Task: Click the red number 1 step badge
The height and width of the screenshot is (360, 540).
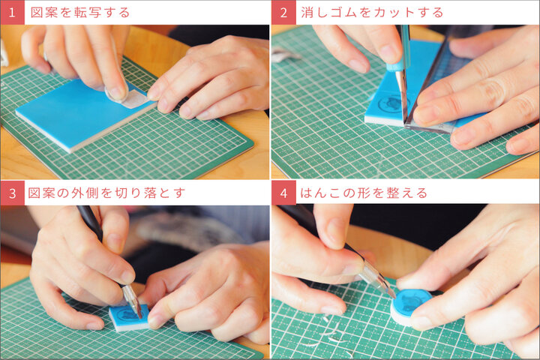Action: click(x=13, y=13)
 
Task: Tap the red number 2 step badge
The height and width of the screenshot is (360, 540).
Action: click(x=283, y=13)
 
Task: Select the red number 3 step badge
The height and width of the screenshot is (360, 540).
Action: click(x=13, y=193)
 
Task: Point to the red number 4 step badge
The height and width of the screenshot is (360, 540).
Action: click(x=283, y=193)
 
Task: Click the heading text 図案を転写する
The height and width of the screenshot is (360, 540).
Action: click(x=80, y=13)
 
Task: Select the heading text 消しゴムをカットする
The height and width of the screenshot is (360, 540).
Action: click(x=372, y=13)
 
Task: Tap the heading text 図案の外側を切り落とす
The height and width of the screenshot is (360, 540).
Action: click(x=106, y=193)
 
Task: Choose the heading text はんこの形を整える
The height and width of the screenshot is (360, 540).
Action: click(x=364, y=193)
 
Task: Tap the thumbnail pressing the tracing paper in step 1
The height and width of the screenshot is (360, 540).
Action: click(x=116, y=94)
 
